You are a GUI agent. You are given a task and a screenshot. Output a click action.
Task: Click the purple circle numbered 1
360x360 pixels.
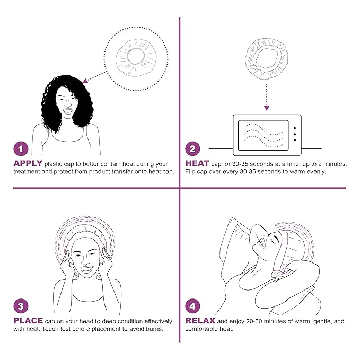(x=20, y=150)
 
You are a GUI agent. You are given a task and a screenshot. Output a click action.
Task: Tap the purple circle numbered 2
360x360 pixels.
(x=192, y=150)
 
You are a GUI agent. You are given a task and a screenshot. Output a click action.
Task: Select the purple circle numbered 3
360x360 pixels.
(x=20, y=306)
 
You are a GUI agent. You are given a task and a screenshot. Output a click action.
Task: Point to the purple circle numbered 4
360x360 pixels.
(x=192, y=306)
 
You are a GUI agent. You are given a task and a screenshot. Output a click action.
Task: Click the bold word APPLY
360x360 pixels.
(x=28, y=164)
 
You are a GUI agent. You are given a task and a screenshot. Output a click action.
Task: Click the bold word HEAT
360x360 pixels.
(x=198, y=164)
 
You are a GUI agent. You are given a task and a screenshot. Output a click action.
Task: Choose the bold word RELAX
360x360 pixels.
(x=200, y=321)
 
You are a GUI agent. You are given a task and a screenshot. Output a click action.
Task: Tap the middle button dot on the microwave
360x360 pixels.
(x=294, y=134)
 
